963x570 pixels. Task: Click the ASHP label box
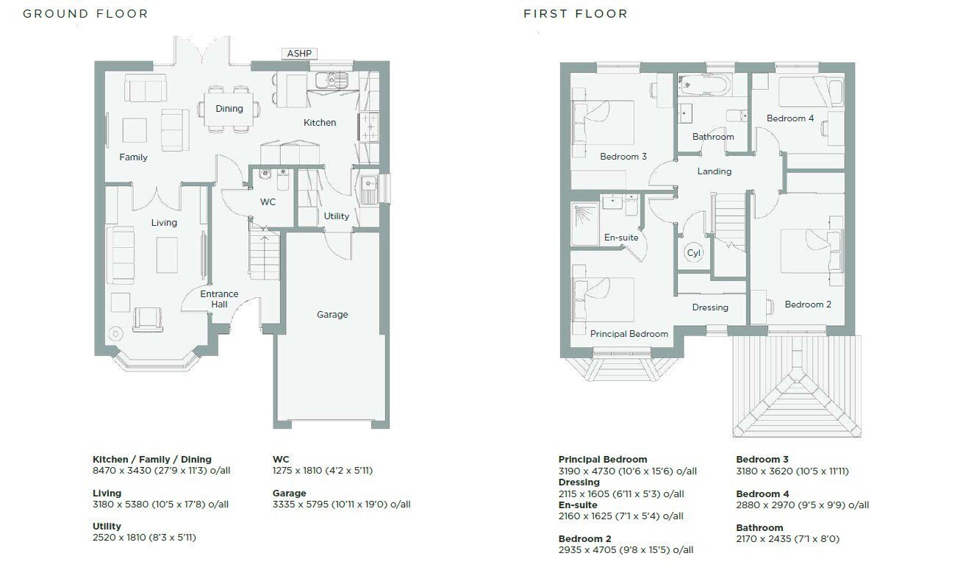(299, 54)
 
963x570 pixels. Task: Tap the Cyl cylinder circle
(693, 253)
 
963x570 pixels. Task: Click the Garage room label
(332, 315)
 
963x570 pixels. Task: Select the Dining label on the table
(229, 108)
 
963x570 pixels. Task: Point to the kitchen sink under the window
(332, 80)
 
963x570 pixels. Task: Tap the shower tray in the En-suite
(584, 224)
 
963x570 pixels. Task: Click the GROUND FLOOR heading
(85, 14)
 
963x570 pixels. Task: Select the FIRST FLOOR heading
(576, 14)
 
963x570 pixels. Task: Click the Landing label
(714, 171)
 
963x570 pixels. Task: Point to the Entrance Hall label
(219, 299)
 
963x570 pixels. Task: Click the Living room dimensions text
(160, 505)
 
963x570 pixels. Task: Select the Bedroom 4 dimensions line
(802, 505)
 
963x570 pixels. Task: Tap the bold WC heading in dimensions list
(281, 460)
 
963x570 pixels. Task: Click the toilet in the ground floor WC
(283, 179)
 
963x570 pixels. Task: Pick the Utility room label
(336, 216)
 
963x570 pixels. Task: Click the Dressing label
(710, 307)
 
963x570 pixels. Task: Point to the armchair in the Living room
(148, 319)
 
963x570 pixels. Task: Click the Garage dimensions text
(341, 505)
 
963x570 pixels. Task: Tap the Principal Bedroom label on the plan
(629, 334)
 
